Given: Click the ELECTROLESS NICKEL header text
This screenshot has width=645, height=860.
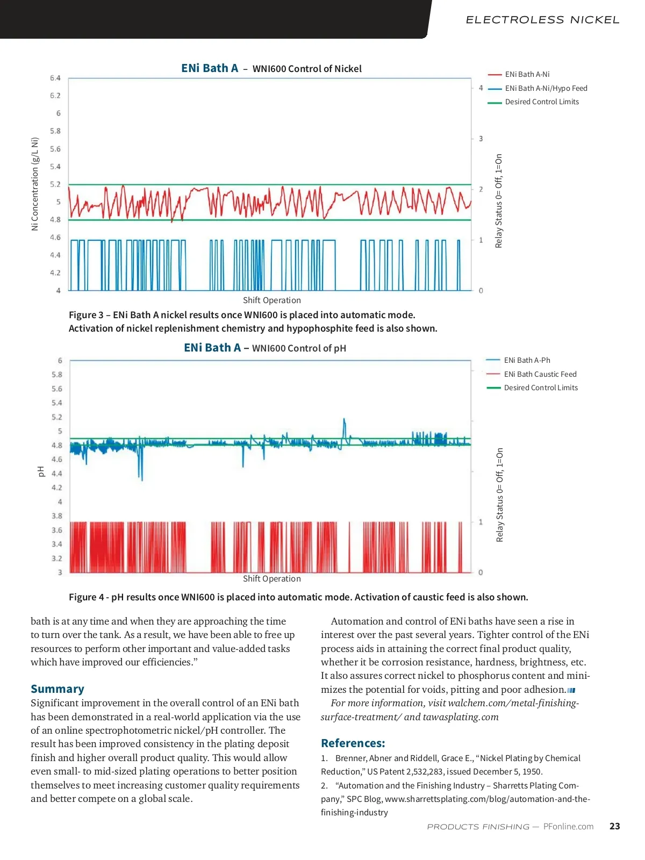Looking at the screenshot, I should (542, 20).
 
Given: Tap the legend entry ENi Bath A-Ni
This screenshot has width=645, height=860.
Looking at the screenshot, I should (527, 74).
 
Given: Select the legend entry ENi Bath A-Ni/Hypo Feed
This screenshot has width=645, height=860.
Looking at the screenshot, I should (546, 88).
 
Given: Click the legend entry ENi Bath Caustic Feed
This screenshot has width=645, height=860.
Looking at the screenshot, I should (540, 374).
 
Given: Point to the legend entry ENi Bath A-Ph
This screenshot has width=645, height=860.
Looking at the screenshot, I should (527, 360).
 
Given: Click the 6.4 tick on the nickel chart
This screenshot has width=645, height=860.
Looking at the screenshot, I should (55, 78).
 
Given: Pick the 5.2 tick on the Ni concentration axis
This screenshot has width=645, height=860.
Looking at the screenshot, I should (55, 184).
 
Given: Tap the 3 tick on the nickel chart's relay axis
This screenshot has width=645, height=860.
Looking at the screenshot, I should (481, 139).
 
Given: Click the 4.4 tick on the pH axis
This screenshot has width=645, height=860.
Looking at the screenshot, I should (56, 474).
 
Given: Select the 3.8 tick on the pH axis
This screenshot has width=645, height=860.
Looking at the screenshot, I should (56, 516).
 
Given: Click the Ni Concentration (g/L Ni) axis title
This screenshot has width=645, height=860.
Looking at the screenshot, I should (35, 184).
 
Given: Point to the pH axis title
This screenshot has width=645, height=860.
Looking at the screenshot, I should (41, 471).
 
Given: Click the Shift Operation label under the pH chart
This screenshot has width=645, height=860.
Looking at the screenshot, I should (271, 579).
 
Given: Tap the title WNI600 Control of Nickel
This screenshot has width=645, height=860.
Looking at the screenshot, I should (307, 69).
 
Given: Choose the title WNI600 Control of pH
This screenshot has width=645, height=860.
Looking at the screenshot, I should (299, 348).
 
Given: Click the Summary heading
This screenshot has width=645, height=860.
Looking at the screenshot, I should (58, 689).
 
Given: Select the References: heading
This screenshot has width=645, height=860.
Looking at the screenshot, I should (353, 743).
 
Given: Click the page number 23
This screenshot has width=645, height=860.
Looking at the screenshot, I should (614, 826).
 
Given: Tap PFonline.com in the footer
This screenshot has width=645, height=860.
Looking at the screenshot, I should (568, 827).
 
